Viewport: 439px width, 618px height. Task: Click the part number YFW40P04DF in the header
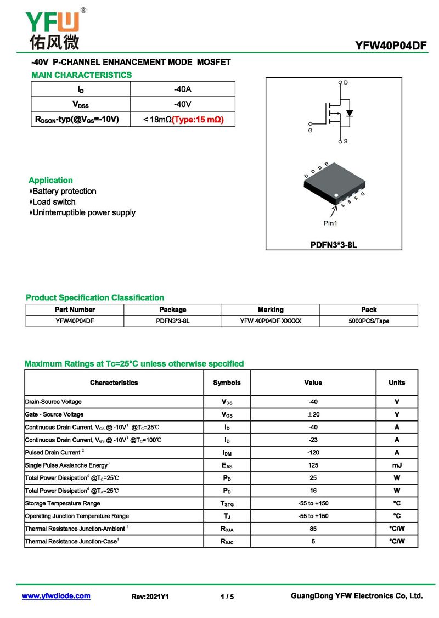[391, 46]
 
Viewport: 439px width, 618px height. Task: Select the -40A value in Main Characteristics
[182, 89]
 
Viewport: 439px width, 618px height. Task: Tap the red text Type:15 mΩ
[198, 119]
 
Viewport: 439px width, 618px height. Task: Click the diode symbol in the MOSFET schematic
[350, 114]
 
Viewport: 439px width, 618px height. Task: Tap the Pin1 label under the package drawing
[330, 223]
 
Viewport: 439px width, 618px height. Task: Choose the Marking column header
[271, 310]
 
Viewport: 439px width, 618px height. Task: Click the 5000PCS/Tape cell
[369, 321]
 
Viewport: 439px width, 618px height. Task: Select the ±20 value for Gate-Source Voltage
[313, 414]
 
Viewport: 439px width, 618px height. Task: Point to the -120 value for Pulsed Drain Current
[313, 453]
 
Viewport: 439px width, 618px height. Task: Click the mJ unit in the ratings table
[397, 465]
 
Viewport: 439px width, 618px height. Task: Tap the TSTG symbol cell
[227, 504]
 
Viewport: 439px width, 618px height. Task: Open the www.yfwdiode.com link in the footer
[56, 596]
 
